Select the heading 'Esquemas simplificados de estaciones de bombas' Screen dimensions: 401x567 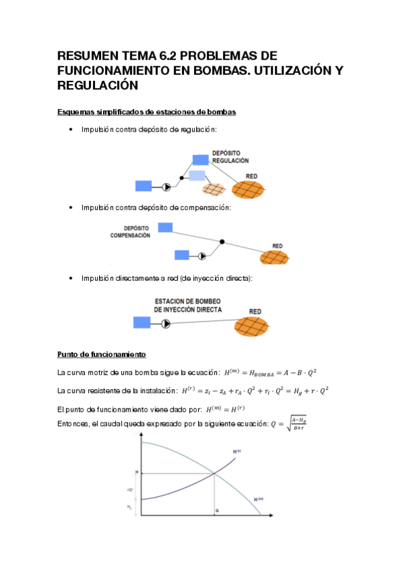tap(147, 112)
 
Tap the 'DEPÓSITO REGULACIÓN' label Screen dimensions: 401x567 tap(230, 156)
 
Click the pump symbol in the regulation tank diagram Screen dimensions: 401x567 tap(167, 187)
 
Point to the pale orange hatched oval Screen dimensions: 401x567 tap(216, 190)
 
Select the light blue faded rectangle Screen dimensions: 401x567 tap(197, 175)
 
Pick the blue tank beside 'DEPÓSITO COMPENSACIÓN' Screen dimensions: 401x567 tap(164, 228)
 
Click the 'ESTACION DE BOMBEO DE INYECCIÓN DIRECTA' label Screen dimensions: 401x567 tap(188, 306)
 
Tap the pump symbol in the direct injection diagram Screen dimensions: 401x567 tap(166, 324)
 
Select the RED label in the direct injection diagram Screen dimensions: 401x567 tap(255, 312)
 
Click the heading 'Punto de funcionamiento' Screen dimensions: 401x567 tap(102, 354)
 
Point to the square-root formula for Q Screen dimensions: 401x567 tap(289, 425)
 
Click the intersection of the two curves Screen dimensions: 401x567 tap(214, 473)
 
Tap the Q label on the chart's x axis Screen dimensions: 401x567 tap(216, 511)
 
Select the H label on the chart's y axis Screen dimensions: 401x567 tap(136, 473)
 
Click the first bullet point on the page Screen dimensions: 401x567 tap(71, 130)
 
